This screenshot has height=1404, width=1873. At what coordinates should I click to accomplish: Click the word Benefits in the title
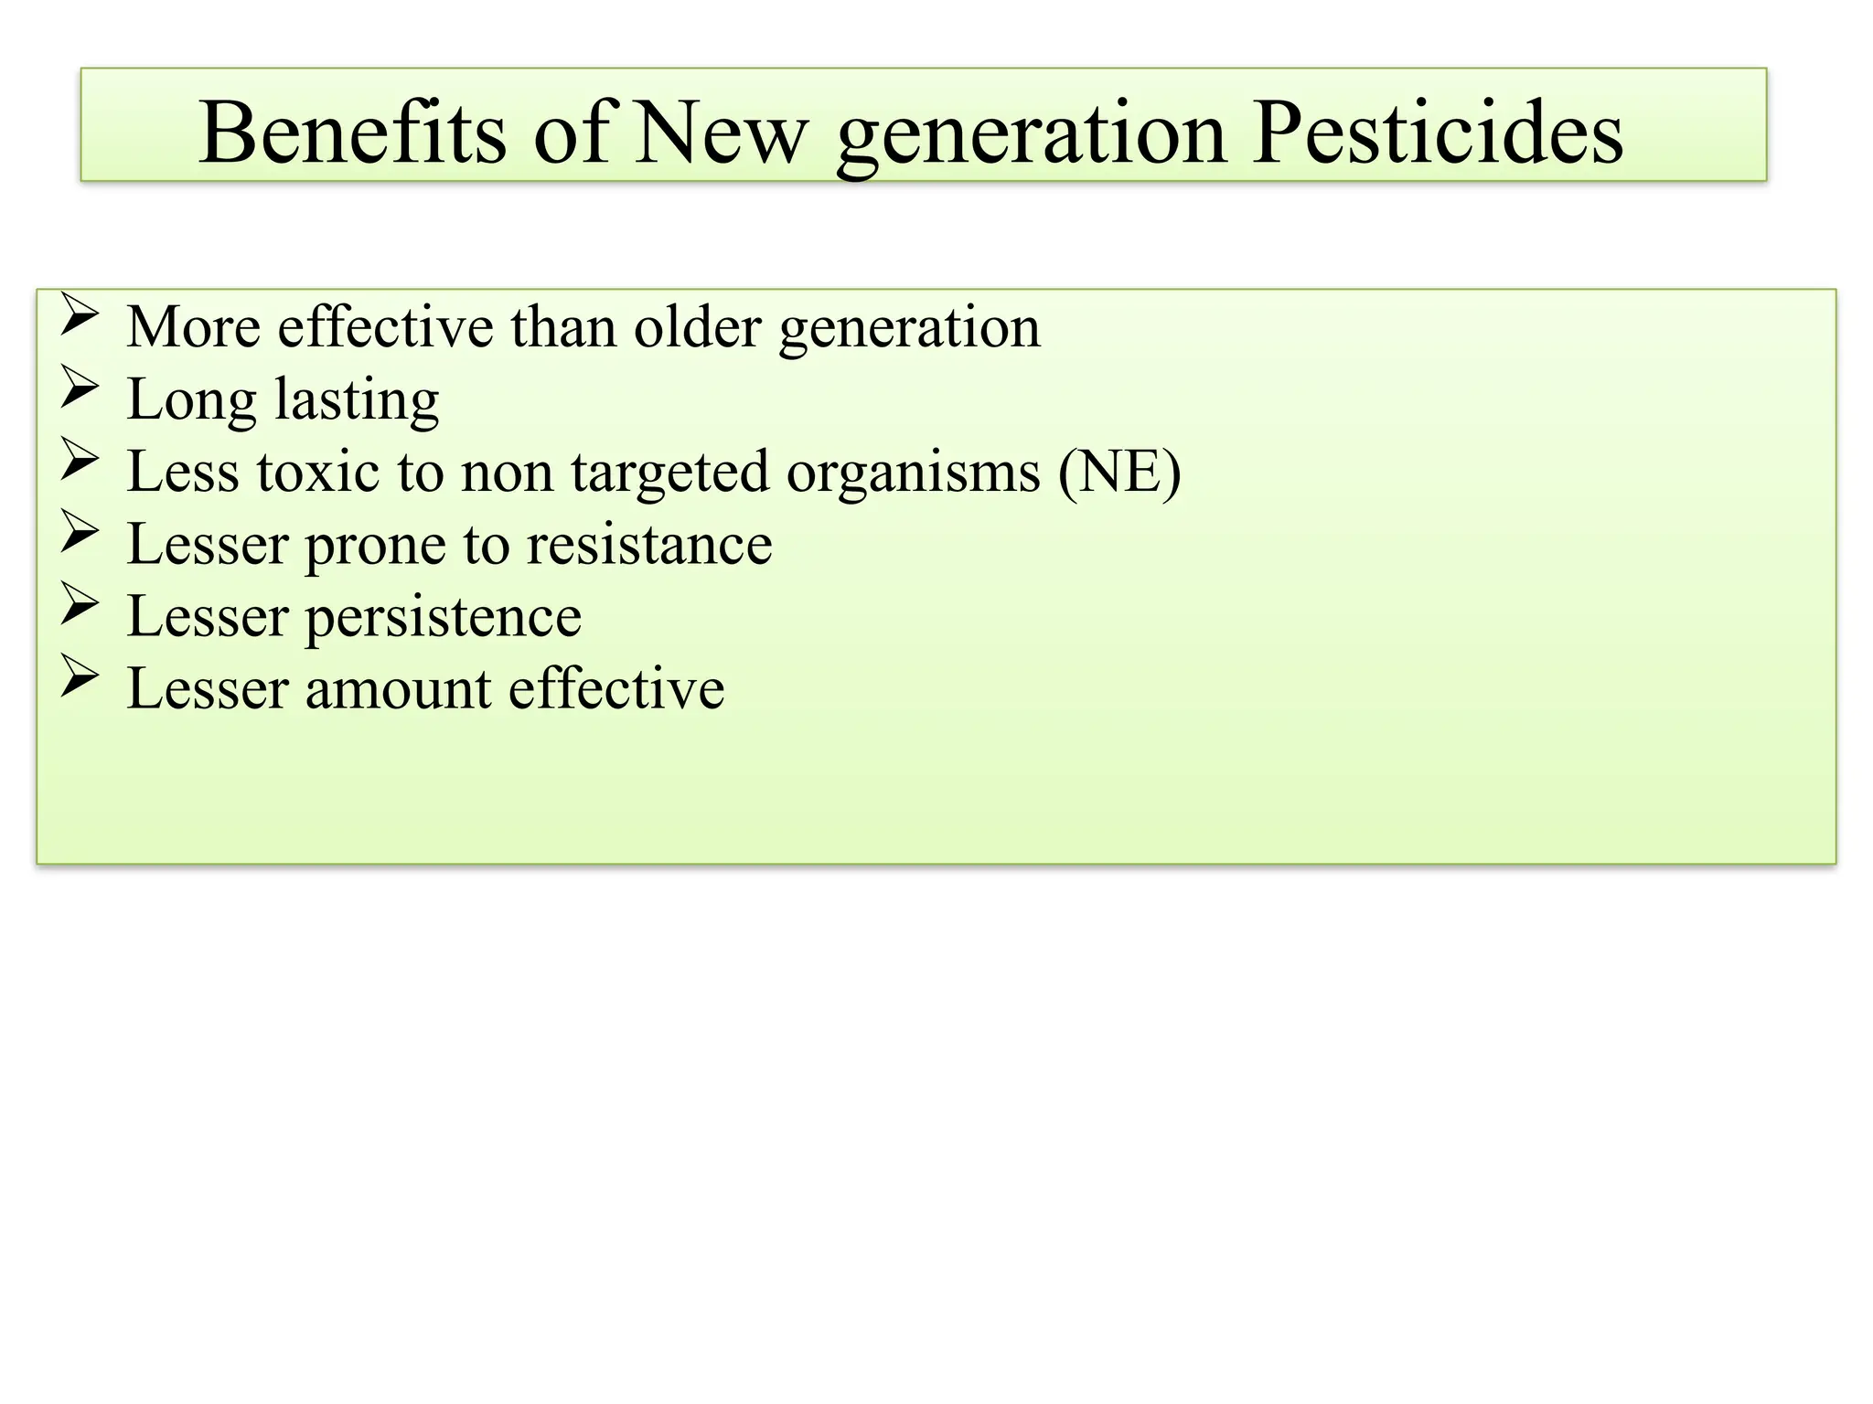(x=352, y=133)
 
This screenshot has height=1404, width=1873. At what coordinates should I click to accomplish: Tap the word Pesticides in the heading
(x=1437, y=133)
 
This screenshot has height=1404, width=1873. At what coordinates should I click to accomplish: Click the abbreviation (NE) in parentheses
(x=1119, y=472)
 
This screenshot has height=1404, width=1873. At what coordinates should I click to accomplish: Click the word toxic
(x=317, y=472)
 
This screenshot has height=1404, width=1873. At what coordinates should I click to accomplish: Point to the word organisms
(x=913, y=472)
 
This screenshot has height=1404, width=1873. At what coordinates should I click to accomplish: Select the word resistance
(x=649, y=544)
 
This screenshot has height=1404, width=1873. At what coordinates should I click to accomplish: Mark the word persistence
(x=443, y=617)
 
